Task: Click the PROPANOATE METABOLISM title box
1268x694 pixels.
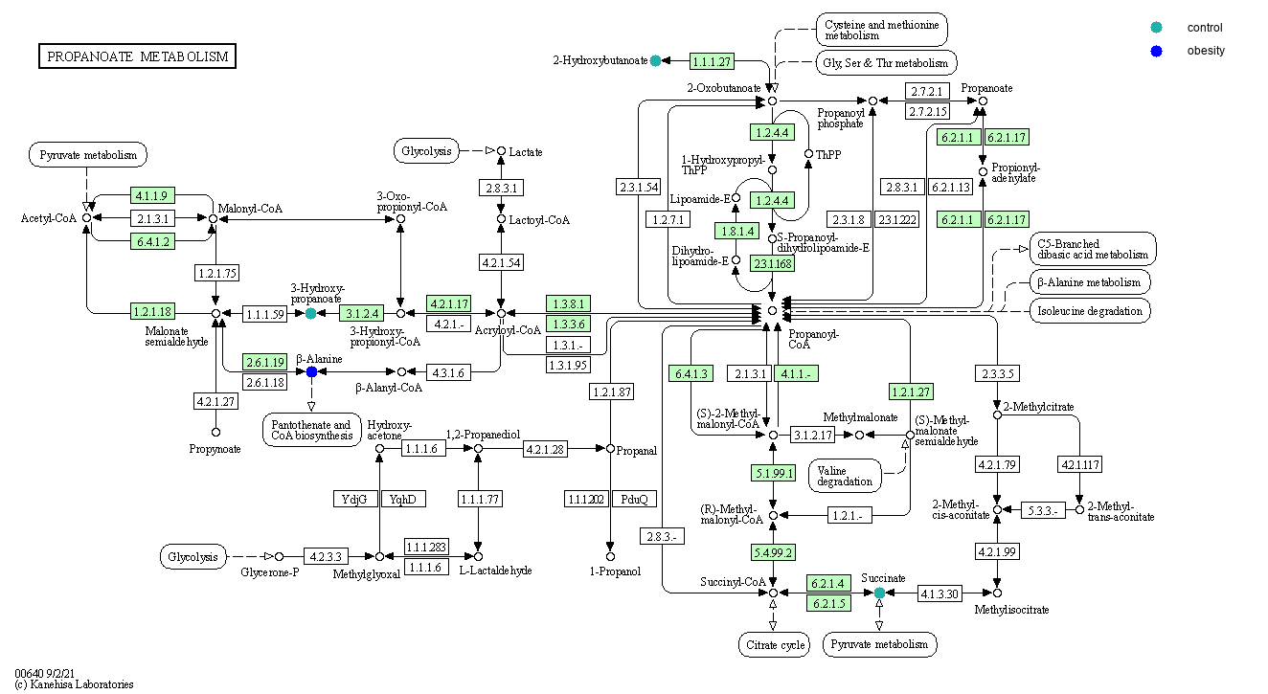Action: click(137, 56)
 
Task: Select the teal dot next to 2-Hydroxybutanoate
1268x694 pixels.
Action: click(655, 61)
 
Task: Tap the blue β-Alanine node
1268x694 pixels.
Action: click(311, 371)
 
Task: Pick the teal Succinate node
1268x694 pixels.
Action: click(879, 593)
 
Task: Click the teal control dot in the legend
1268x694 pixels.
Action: click(1157, 27)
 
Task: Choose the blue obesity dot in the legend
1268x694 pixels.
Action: click(1157, 51)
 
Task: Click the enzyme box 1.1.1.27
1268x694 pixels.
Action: click(712, 61)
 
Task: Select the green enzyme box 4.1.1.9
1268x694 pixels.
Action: click(152, 196)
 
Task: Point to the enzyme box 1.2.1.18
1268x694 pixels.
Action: click(152, 311)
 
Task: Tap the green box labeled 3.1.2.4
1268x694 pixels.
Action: click(361, 313)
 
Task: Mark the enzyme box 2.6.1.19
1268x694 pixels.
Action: click(265, 363)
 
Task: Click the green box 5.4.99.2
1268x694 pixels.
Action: click(774, 551)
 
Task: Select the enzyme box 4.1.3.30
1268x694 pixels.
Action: click(940, 593)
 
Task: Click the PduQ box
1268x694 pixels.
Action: click(634, 499)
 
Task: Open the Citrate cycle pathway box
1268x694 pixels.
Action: click(773, 644)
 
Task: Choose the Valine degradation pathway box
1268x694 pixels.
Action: click(845, 475)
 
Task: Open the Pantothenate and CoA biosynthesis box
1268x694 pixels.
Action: click(311, 430)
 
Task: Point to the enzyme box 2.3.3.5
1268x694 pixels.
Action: click(997, 372)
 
